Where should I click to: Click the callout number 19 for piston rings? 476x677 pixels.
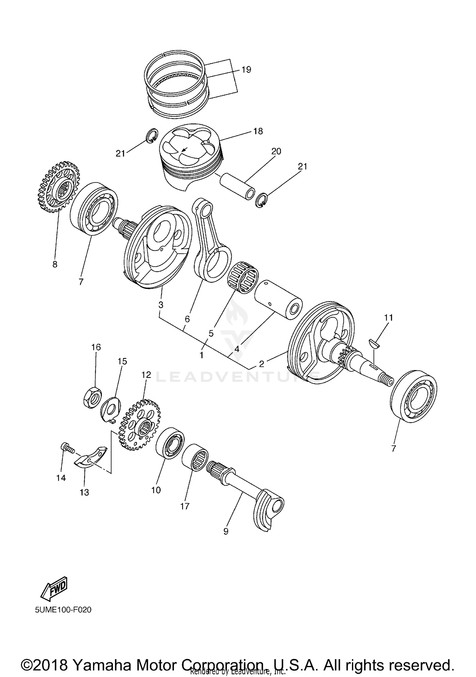[x=246, y=69]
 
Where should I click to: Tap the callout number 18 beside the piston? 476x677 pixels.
[x=258, y=131]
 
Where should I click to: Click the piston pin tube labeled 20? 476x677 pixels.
[x=238, y=186]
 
